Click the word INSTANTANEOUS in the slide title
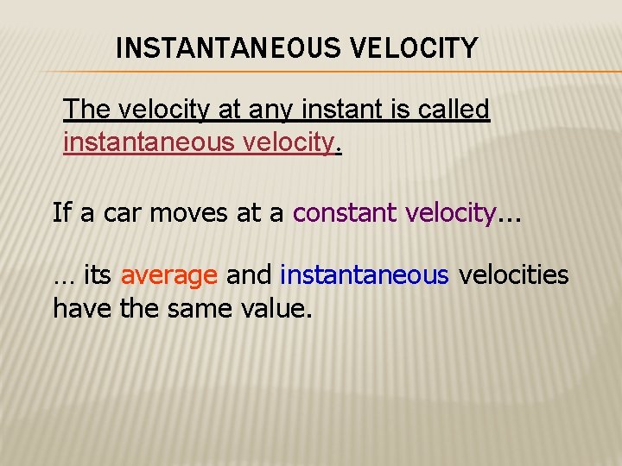pos(226,48)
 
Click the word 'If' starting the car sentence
pos(62,212)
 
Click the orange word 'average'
pos(169,276)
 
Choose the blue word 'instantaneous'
pos(365,275)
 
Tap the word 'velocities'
pos(513,275)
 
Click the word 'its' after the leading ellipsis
pos(97,275)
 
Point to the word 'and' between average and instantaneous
pos(249,275)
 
